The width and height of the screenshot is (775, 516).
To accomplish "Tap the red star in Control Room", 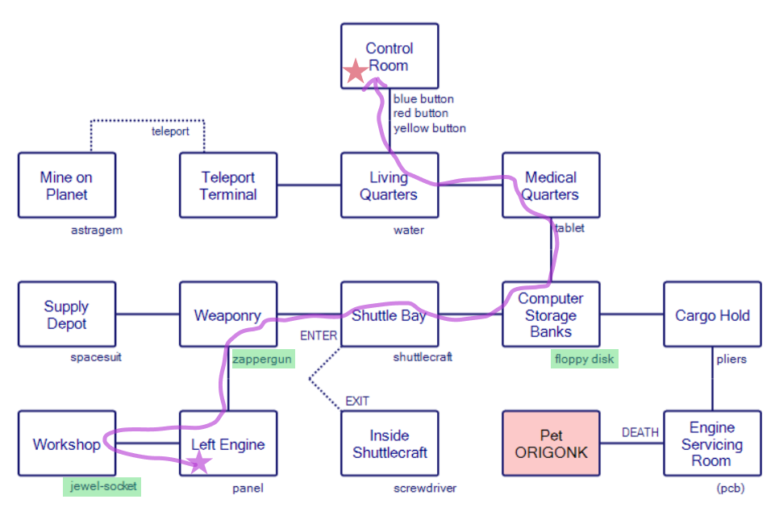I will (x=355, y=72).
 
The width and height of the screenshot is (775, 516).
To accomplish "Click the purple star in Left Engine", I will (x=198, y=463).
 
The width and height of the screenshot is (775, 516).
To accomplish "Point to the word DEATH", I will (x=640, y=433).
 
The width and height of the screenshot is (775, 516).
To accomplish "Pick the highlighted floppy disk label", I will (x=585, y=360).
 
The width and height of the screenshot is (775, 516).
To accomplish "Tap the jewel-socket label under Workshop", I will (x=101, y=486).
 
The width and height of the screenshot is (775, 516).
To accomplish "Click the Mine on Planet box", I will (x=67, y=185).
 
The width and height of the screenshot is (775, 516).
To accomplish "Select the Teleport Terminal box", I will (x=228, y=185).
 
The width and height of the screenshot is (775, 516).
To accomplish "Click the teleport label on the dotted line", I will (x=170, y=131).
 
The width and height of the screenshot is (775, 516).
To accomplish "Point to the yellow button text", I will (x=429, y=128).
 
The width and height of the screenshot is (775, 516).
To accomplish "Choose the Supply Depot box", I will (x=67, y=314).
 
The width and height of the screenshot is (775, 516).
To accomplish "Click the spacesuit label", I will (x=96, y=357).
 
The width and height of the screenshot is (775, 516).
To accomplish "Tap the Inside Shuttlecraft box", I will (x=390, y=443).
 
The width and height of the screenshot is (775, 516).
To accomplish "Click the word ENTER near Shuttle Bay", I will (x=319, y=336).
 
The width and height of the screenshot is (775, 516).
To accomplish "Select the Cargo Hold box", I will (x=712, y=314).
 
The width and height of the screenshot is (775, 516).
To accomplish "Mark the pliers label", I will (x=731, y=359).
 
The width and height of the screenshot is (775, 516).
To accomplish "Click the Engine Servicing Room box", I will (x=712, y=443).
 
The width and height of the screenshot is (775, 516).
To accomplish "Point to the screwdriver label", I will (x=425, y=488).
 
